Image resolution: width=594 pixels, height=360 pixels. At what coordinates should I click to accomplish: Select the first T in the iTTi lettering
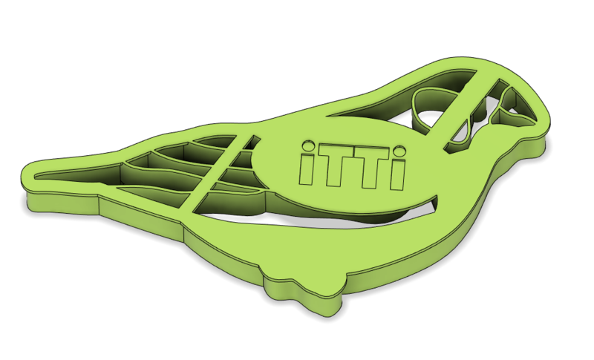(x=332, y=166)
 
